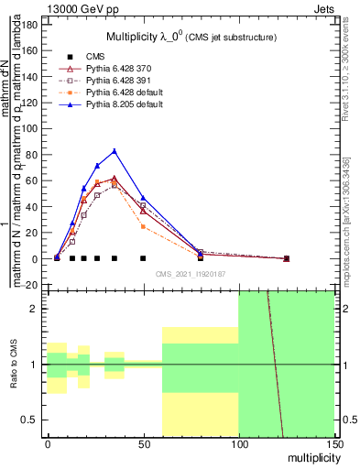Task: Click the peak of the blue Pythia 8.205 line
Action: pyautogui.click(x=115, y=151)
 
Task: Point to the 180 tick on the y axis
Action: pyautogui.click(x=31, y=24)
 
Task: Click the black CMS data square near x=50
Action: pyautogui.click(x=143, y=258)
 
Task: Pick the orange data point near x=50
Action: pyautogui.click(x=143, y=226)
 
